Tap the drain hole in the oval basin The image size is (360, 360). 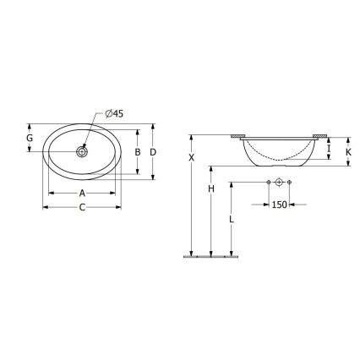tap(82, 152)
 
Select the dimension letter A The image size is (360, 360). tap(81, 192)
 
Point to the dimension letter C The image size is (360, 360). tap(81, 207)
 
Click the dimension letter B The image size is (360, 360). tap(138, 152)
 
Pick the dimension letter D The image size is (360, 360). tap(153, 151)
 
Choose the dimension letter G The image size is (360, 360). tap(30, 138)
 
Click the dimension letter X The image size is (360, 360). tap(192, 158)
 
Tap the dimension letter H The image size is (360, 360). tap(210, 189)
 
